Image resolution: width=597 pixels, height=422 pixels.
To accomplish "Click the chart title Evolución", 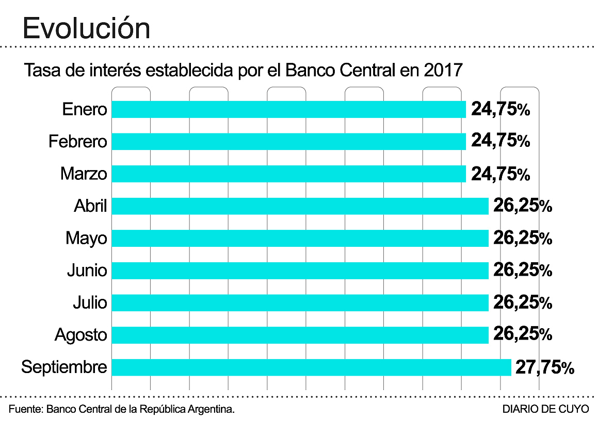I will coord(87,28).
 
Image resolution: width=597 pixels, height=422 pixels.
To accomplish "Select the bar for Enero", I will coord(289,109).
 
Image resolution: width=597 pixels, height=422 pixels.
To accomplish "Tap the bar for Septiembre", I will coord(311,367).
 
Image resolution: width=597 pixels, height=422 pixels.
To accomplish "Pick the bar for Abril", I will coord(300,206).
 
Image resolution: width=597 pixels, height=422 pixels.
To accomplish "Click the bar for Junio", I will coord(300,271).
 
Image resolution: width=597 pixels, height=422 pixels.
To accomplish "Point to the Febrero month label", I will coord(78,142).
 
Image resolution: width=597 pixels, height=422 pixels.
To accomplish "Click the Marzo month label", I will coord(84,174).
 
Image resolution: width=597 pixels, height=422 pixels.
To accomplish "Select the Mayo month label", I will coord(86,239).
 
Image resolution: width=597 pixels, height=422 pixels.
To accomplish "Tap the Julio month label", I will coord(90,302).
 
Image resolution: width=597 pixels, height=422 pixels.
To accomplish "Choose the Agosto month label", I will coord(81,335).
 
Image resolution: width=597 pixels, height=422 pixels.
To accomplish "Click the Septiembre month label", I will coord(64,367).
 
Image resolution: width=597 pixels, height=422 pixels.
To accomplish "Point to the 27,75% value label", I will coord(544,368).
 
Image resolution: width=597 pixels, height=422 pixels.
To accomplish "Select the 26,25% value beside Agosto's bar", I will coord(523,335).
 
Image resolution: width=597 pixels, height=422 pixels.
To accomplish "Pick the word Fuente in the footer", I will coord(24,410).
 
